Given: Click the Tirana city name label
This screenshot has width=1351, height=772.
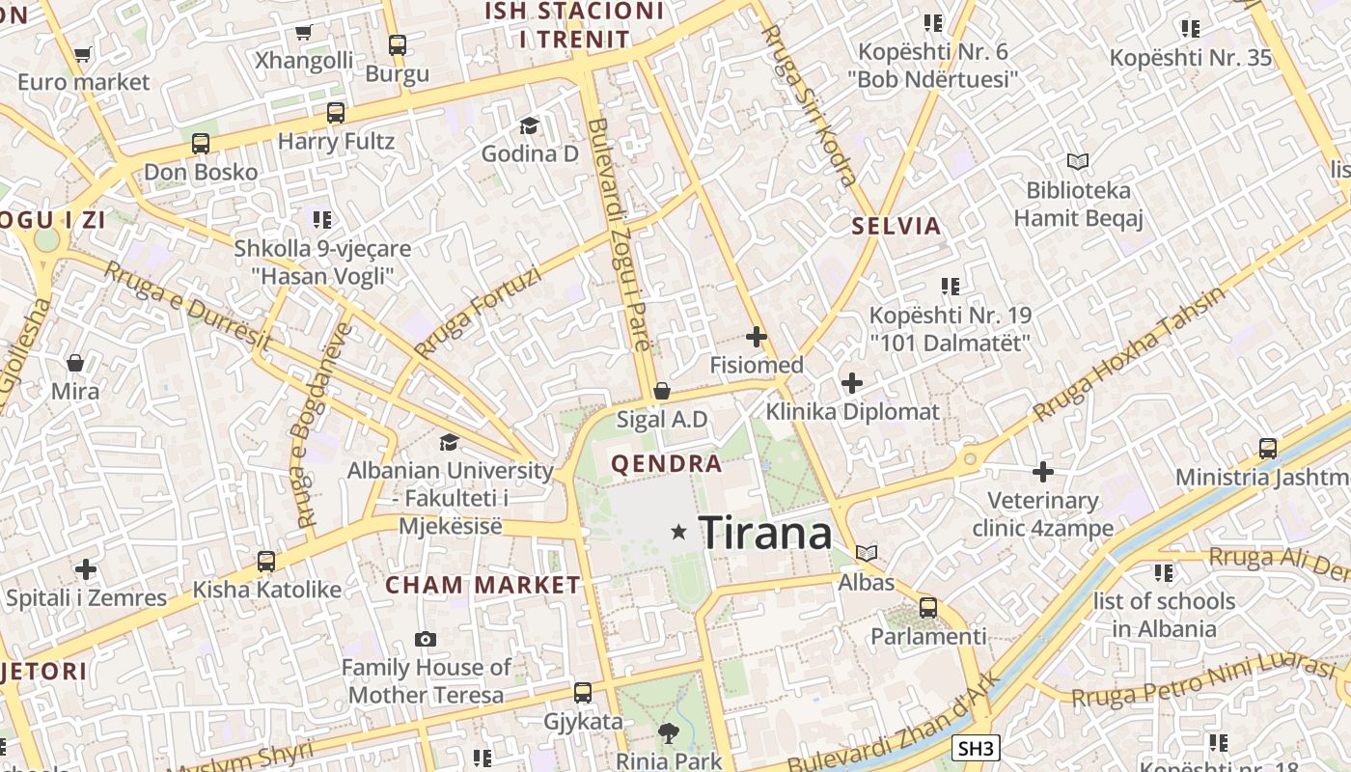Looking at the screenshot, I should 764,533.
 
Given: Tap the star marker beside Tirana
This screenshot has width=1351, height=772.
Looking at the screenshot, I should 679,532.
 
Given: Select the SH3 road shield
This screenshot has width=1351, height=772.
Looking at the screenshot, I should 976,748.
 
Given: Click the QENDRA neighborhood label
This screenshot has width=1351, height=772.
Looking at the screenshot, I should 667,464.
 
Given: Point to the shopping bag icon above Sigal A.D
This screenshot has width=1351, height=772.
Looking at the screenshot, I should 662,391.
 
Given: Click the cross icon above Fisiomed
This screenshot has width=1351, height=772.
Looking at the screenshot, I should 757,337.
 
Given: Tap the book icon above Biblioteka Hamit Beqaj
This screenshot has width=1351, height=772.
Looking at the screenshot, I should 1078,162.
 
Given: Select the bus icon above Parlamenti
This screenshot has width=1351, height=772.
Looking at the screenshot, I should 928,608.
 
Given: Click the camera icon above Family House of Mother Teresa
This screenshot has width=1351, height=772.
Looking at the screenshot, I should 425,639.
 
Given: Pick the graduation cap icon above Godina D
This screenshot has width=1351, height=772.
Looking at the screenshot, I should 529,125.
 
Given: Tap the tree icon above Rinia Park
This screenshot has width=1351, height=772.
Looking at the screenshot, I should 668,732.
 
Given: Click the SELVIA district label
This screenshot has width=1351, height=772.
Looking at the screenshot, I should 896,227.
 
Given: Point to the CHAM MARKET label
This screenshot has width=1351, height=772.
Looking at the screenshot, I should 482,586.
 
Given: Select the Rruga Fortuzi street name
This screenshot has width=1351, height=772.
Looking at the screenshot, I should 477,311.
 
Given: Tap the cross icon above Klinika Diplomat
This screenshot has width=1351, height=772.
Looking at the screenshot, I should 851,383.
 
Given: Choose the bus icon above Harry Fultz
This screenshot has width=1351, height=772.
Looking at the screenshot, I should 336,113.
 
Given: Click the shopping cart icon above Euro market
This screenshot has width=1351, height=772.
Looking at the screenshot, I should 83,54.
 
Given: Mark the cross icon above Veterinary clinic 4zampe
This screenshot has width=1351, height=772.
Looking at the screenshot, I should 1042,472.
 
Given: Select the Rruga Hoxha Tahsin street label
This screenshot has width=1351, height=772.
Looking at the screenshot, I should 1128,353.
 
